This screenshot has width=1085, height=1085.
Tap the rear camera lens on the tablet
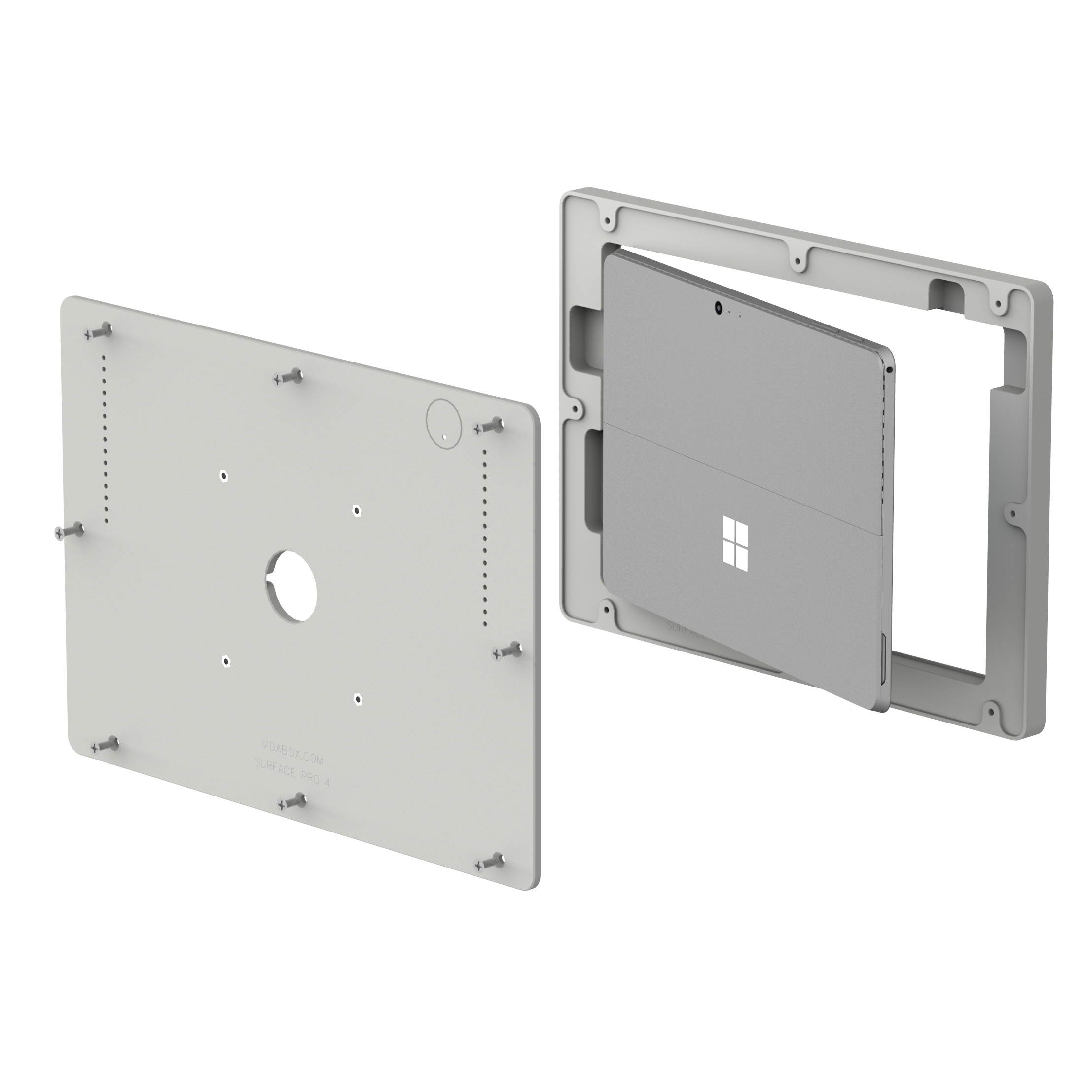718,307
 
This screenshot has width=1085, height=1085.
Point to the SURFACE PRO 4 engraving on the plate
292,768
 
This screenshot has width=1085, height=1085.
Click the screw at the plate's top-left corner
99,332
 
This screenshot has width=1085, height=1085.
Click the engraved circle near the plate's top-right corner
444,424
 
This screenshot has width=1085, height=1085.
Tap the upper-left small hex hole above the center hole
224,476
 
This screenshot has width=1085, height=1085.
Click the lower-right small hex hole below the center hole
357,699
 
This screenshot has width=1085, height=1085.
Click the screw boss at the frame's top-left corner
607,221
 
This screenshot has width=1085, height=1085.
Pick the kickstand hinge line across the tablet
741,477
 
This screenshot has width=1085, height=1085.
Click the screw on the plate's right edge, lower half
507,652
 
